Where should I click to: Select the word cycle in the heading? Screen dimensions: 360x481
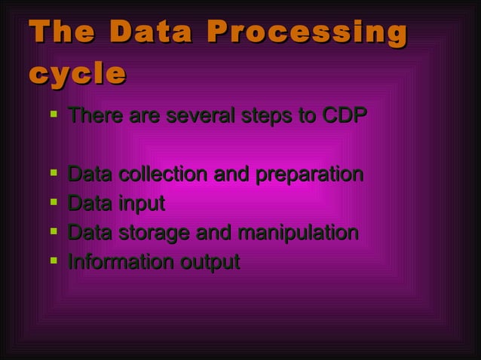click(x=76, y=74)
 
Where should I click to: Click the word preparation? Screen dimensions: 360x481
click(x=309, y=175)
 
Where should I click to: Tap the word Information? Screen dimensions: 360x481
click(x=120, y=262)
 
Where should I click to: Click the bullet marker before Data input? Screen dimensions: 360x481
click(x=51, y=203)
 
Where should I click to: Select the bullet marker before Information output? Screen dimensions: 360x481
click(x=51, y=261)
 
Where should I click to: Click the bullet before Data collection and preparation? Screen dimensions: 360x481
click(x=51, y=174)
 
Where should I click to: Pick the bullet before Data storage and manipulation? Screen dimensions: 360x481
click(x=51, y=232)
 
